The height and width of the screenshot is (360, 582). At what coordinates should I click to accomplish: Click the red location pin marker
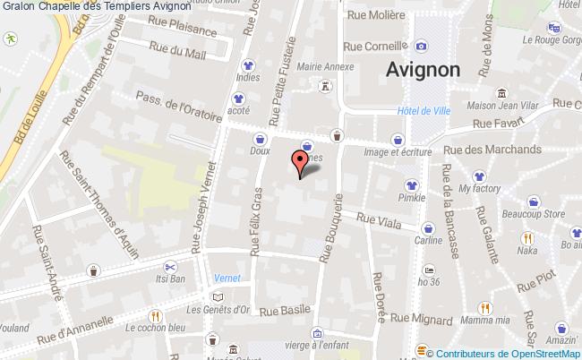[299, 162]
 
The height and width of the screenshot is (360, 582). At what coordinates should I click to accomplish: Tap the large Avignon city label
[424, 69]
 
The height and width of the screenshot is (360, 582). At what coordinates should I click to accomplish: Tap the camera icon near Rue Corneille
[421, 47]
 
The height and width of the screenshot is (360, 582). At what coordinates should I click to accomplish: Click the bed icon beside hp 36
[430, 269]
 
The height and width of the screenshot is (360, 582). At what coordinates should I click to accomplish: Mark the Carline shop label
[427, 240]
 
